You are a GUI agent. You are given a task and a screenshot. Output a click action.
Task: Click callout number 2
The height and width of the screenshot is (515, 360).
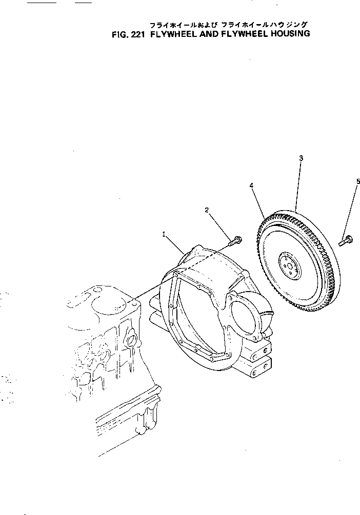click(207, 210)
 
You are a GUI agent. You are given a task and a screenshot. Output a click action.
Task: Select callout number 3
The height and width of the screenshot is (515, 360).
click(301, 158)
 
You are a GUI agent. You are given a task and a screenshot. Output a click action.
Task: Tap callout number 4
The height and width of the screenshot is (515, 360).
click(252, 187)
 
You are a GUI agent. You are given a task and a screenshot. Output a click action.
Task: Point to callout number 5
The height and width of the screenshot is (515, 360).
click(358, 181)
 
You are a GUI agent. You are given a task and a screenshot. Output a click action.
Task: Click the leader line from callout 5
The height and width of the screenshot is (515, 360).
click(353, 208)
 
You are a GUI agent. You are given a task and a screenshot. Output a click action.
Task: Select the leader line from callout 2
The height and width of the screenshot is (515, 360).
click(221, 224)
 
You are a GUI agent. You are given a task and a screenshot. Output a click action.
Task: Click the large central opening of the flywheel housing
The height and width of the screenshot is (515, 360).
click(200, 313)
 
